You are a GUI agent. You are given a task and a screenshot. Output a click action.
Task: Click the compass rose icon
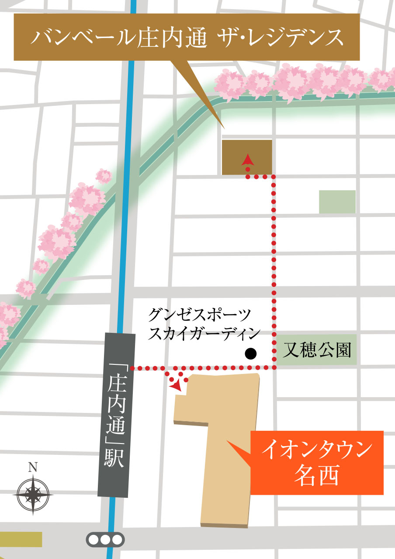click(x=33, y=494)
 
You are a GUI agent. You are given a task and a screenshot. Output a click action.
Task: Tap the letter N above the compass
click(x=32, y=467)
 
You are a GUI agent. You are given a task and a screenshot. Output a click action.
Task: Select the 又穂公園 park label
click(x=317, y=350)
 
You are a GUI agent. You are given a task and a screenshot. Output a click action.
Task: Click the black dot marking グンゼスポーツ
click(x=250, y=353)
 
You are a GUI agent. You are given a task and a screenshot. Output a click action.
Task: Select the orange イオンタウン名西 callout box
click(x=317, y=463)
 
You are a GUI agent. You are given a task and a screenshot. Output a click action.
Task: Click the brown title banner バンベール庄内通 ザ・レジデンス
click(x=187, y=37)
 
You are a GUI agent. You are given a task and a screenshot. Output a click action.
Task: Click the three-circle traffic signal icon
click(x=105, y=539)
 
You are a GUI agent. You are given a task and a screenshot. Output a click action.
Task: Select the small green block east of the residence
click(x=337, y=202)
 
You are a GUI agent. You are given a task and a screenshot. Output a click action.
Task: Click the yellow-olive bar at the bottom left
click(x=21, y=539)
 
